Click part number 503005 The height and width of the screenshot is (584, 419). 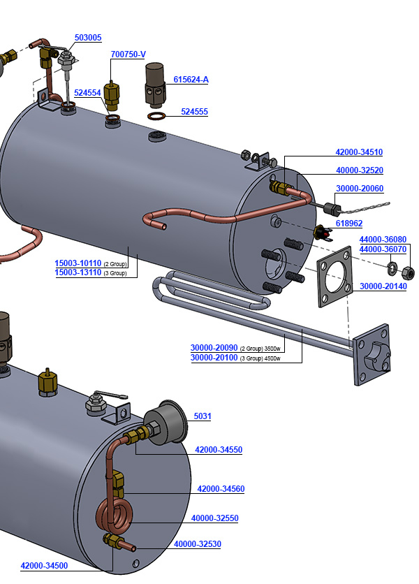(x=88, y=38)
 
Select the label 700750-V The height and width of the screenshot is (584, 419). (x=128, y=54)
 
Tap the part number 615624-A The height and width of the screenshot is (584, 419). (x=191, y=80)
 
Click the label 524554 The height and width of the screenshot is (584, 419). (x=87, y=92)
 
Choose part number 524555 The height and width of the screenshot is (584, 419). (x=194, y=112)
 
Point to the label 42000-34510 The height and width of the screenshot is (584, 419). (x=359, y=152)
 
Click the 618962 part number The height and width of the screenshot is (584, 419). (x=349, y=224)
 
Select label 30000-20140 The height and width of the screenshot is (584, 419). (x=383, y=286)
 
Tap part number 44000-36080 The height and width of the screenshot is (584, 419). (x=383, y=240)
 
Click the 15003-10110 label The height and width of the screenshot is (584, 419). (x=78, y=263)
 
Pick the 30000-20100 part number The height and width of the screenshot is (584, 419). (x=214, y=358)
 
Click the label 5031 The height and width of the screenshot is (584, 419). (x=203, y=416)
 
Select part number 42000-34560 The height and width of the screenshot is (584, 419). (x=221, y=489)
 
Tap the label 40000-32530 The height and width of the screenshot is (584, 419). (x=198, y=544)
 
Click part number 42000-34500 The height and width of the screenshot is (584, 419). (x=44, y=566)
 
